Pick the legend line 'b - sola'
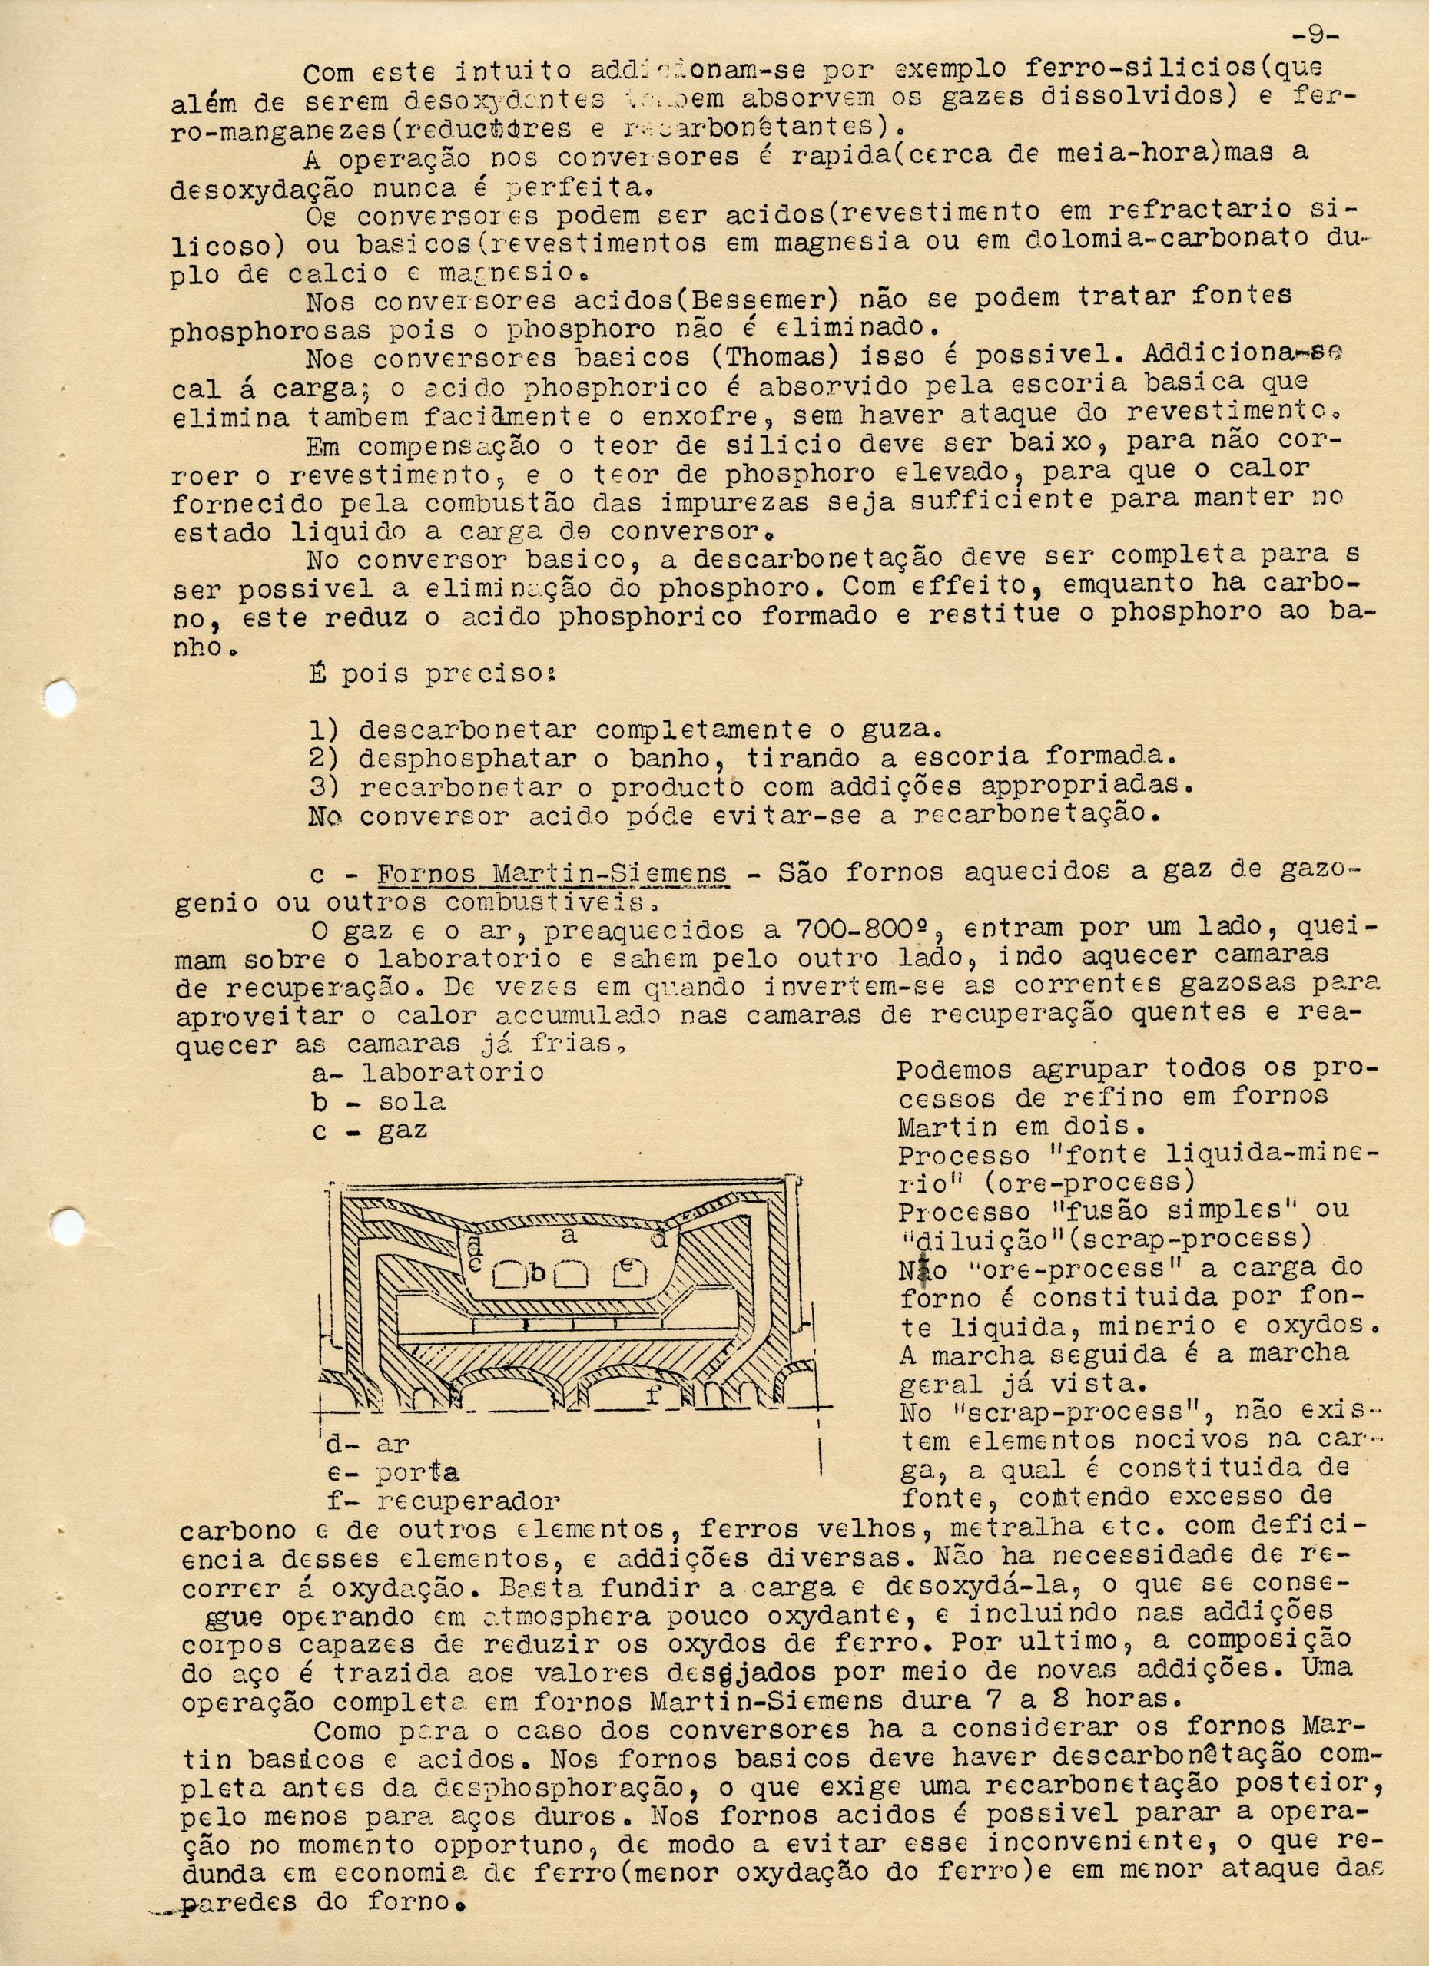tap(379, 1102)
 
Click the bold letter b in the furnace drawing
tap(538, 1273)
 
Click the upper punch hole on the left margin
tap(60, 695)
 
